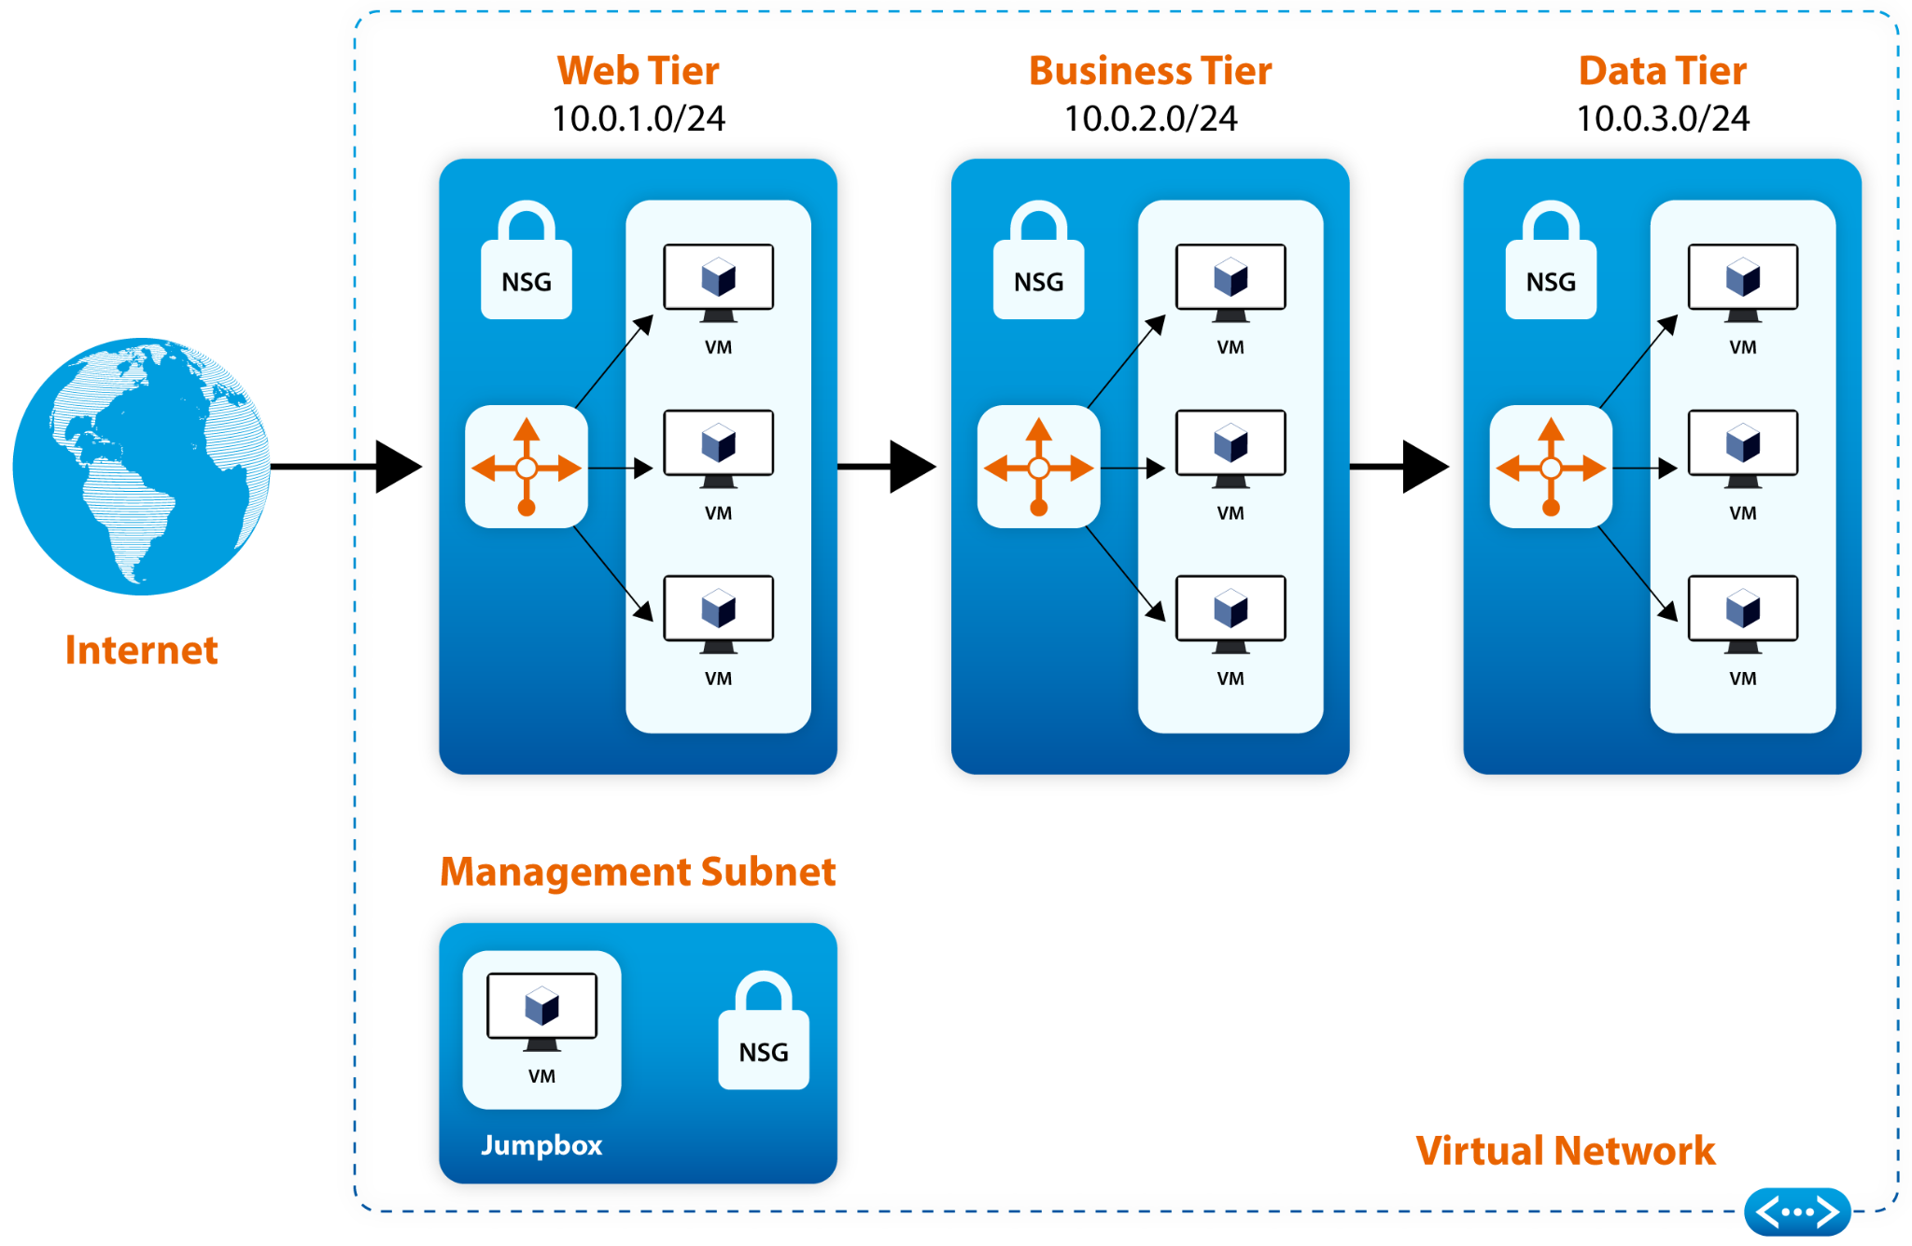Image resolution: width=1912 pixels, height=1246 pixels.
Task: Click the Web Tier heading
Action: tap(639, 71)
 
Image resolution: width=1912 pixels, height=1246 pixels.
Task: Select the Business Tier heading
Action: tap(1150, 71)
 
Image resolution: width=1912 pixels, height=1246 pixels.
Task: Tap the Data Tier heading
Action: tap(1663, 71)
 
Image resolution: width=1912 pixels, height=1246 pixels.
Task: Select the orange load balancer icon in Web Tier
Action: tap(527, 467)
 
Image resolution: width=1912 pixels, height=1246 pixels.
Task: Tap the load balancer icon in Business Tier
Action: tap(1038, 467)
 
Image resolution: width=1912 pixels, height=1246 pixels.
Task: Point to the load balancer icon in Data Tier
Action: tap(1551, 467)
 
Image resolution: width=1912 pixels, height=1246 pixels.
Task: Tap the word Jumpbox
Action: tap(541, 1145)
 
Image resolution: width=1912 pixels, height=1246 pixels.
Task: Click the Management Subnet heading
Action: tap(639, 872)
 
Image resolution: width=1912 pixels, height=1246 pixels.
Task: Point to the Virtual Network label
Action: tap(1565, 1151)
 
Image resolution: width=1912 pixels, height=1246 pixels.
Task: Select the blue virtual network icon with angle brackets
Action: tap(1797, 1211)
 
